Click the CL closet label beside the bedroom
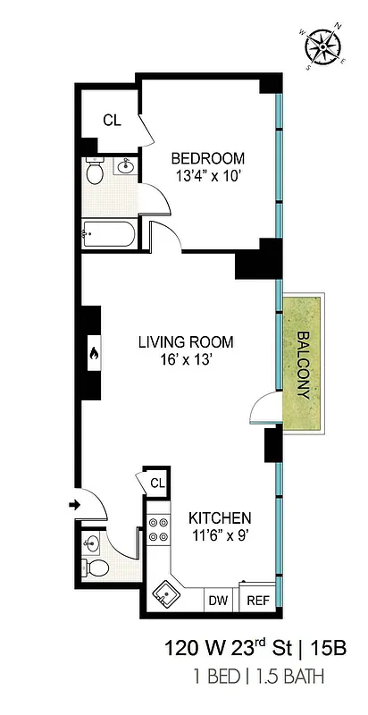[x=111, y=120]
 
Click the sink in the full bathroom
[x=126, y=165]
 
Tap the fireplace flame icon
[x=92, y=355]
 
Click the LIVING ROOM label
[x=186, y=341]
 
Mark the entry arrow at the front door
[x=74, y=507]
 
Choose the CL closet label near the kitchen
[x=157, y=483]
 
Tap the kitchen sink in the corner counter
[x=166, y=592]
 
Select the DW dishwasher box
[x=219, y=601]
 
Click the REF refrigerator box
[x=257, y=601]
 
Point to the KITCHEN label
[x=219, y=517]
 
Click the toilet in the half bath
[x=97, y=568]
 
